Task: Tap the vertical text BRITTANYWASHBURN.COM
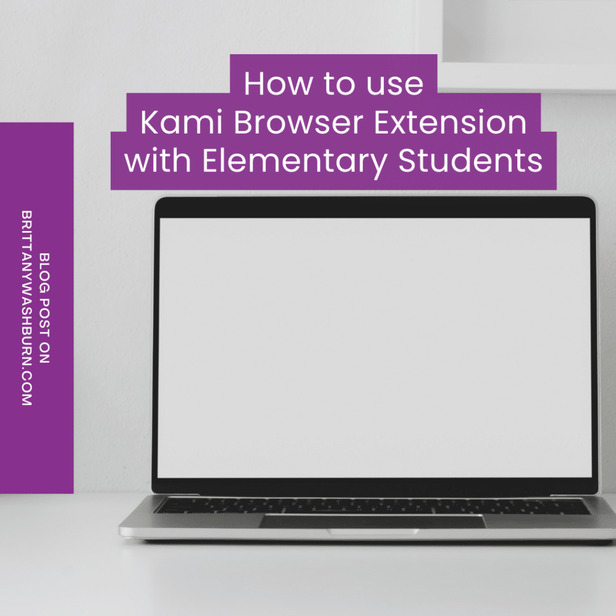27,308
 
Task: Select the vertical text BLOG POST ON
44,308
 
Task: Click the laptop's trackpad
372,521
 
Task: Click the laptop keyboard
372,506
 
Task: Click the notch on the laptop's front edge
373,532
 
